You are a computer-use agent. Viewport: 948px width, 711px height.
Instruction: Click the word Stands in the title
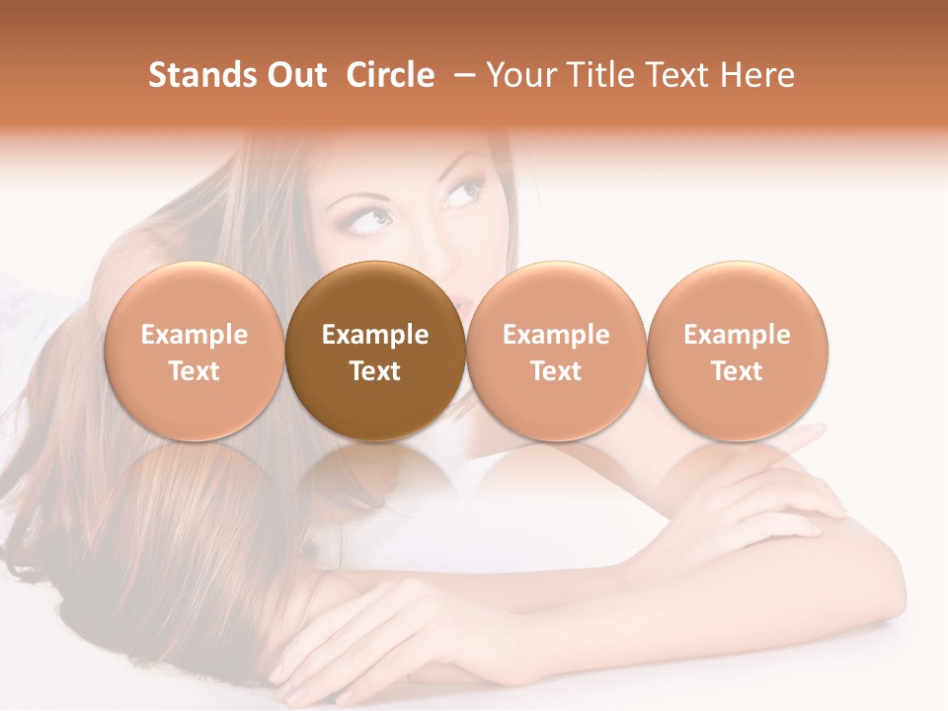pyautogui.click(x=194, y=75)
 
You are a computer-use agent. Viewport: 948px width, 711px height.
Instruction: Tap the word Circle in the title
pyautogui.click(x=390, y=75)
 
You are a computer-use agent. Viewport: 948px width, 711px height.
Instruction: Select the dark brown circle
pyautogui.click(x=375, y=352)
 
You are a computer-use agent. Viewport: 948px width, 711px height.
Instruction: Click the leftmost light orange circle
pyautogui.click(x=195, y=352)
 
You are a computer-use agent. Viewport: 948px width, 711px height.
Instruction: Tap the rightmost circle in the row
pyautogui.click(x=737, y=352)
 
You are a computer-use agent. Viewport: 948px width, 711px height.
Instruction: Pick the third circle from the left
pyautogui.click(x=556, y=352)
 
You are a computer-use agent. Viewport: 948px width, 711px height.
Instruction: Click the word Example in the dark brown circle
pyautogui.click(x=375, y=335)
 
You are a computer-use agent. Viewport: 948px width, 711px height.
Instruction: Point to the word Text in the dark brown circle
pyautogui.click(x=375, y=371)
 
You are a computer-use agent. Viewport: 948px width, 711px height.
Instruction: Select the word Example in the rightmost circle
pyautogui.click(x=737, y=335)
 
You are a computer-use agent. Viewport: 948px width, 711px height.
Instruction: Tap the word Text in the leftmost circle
pyautogui.click(x=195, y=371)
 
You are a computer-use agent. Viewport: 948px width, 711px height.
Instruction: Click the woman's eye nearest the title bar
pyautogui.click(x=459, y=190)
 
